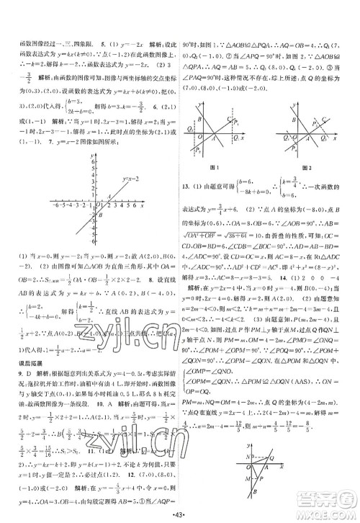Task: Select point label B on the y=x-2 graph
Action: click(100, 215)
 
